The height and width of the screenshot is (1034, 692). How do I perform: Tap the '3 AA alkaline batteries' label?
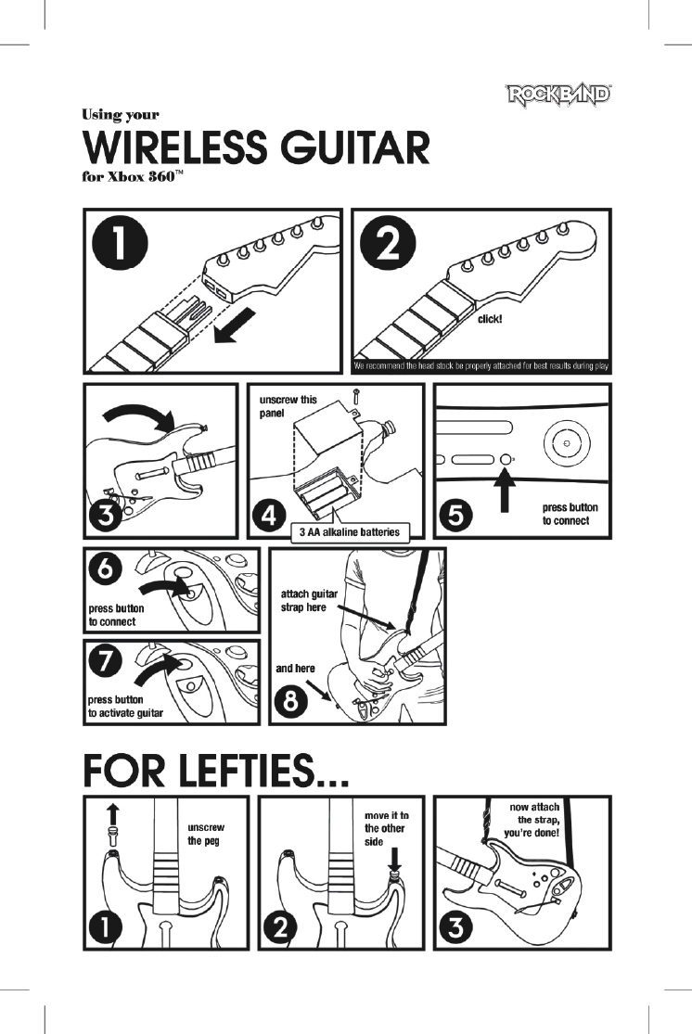pos(351,532)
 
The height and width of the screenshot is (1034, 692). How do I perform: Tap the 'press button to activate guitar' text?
pos(125,706)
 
